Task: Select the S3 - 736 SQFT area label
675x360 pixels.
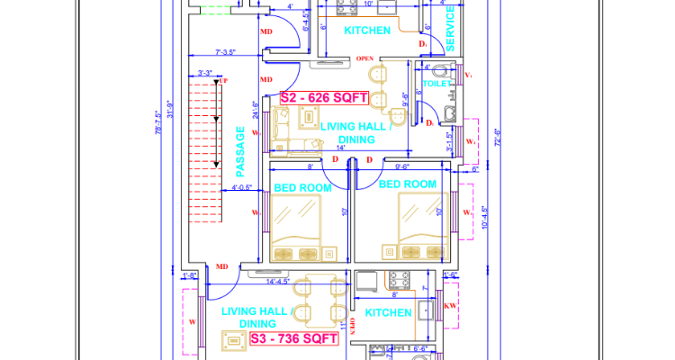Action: [292, 339]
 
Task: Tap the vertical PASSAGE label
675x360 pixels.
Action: [240, 151]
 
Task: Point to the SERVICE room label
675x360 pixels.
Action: [451, 29]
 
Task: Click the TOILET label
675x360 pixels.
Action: [436, 84]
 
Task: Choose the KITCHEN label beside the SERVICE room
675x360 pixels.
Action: [368, 31]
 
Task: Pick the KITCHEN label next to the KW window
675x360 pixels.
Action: [388, 313]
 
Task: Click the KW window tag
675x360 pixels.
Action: [451, 307]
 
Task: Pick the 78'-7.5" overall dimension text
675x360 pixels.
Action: [158, 142]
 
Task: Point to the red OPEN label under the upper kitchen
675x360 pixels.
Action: [364, 59]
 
